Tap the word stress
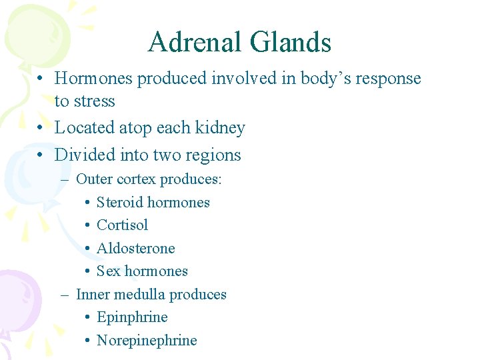click(x=94, y=101)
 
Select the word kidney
click(x=219, y=128)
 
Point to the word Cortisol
click(x=122, y=225)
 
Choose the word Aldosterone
click(x=135, y=249)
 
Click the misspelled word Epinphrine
click(x=132, y=317)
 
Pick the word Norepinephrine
click(x=147, y=341)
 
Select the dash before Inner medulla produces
click(x=65, y=295)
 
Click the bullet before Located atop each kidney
click(x=41, y=128)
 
